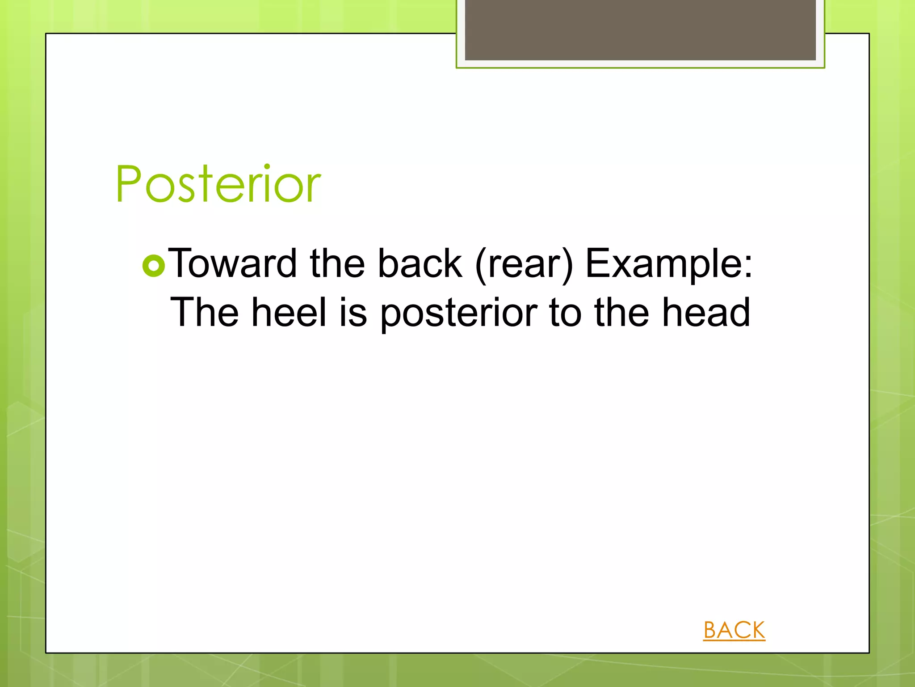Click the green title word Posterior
[218, 184]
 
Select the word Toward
[232, 263]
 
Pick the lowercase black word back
[420, 263]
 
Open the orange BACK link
[734, 630]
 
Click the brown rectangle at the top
[640, 30]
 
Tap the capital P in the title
[129, 184]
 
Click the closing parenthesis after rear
[567, 265]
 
